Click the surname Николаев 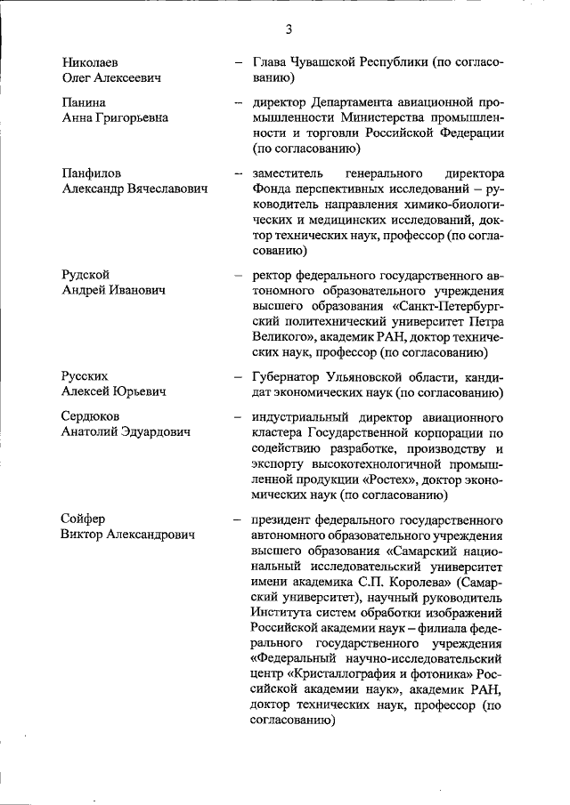click(x=90, y=63)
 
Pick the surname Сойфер click(x=85, y=518)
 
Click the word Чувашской click(x=326, y=63)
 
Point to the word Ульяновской click(x=386, y=375)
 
